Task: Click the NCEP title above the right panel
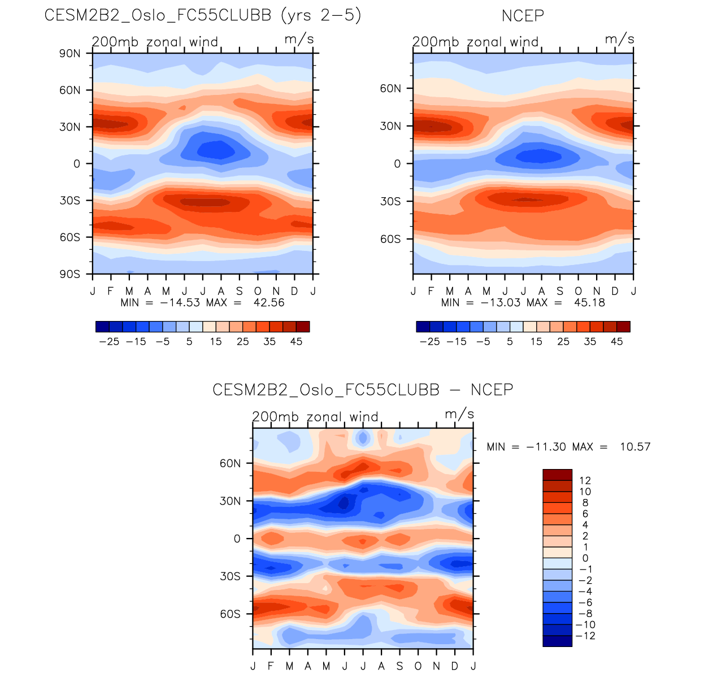523,16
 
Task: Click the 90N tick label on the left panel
70,54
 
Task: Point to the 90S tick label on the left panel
70,274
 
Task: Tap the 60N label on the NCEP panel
390,89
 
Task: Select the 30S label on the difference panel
230,576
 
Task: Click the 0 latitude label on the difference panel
237,539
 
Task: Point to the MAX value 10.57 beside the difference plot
635,447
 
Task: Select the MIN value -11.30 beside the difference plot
546,447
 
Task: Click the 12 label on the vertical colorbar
585,481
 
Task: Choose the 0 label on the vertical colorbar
585,558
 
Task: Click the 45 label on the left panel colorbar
296,342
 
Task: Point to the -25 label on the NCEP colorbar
429,342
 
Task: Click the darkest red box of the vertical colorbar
557,475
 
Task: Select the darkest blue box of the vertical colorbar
557,641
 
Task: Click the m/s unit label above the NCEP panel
619,40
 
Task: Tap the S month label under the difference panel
399,666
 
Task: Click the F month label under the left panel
111,291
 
